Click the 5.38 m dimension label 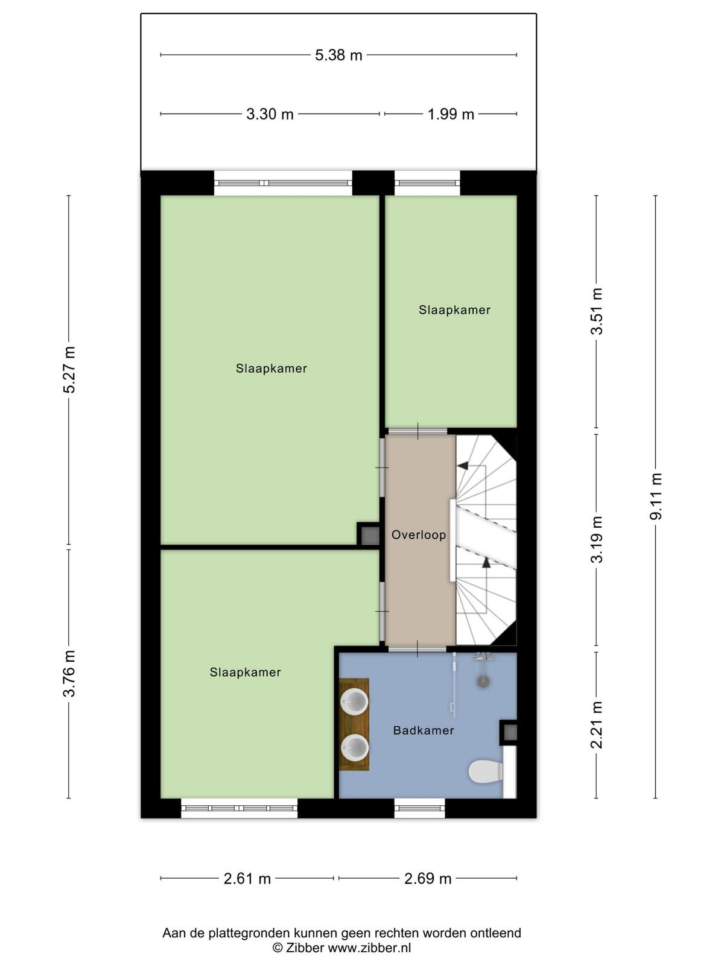coord(338,55)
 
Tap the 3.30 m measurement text coord(270,115)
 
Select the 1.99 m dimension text coord(451,115)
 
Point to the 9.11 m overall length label coord(655,496)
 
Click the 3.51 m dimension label coord(597,311)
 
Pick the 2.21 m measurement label coord(597,725)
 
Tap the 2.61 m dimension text coord(247,879)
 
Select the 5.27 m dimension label coord(69,369)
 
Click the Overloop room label coord(419,535)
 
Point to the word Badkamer coord(424,730)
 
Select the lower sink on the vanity coord(354,748)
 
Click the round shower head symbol coord(483,682)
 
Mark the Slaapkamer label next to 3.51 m coord(454,310)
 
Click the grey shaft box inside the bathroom coord(510,732)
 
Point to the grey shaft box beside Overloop coord(370,535)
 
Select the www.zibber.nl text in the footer coord(369,947)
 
